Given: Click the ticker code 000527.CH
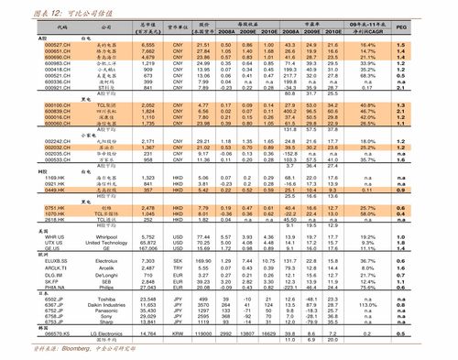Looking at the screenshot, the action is coord(31,43).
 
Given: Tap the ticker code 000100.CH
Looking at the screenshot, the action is coord(31,106).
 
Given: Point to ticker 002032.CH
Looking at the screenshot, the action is coord(31,146).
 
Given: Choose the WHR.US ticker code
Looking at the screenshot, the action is coord(27,237).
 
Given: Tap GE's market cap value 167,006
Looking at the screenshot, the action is coord(148,249).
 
